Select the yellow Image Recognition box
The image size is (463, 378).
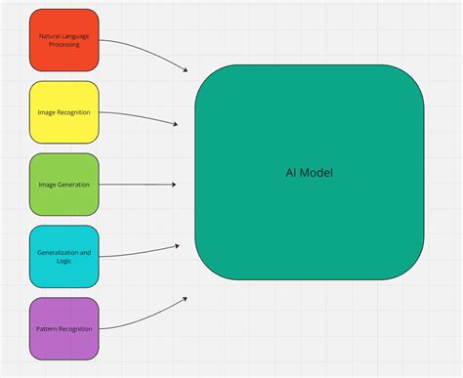[63, 112]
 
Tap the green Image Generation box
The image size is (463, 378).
[63, 184]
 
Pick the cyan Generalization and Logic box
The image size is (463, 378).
[63, 256]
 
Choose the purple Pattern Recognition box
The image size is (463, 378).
[63, 328]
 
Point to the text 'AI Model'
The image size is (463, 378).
[309, 173]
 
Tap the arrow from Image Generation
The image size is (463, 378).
[137, 184]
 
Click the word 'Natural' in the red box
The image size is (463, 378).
[50, 36]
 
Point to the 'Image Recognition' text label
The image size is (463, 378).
[63, 112]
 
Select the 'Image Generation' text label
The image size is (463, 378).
[63, 184]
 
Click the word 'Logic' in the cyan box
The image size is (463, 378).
[63, 261]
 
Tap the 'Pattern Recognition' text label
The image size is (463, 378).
[63, 328]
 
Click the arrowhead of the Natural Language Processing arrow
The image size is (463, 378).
[185, 68]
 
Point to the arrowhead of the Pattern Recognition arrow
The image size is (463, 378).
[185, 299]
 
